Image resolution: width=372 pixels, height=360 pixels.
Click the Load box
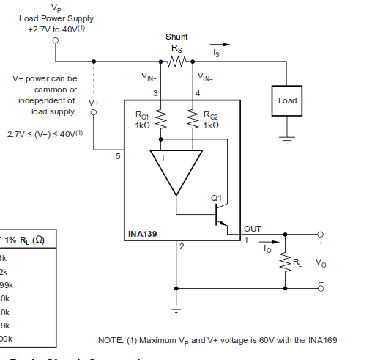pos(287,100)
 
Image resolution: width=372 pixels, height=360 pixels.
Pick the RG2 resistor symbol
pos(192,119)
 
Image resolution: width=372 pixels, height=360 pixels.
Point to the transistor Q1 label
pos(215,197)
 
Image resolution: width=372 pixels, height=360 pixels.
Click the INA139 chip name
pos(143,235)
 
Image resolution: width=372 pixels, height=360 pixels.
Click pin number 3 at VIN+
pos(155,93)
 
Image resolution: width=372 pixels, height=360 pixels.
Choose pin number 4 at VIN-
pos(197,93)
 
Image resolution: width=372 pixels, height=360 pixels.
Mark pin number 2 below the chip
pos(181,246)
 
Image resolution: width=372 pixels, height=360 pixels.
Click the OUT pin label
pos(253,229)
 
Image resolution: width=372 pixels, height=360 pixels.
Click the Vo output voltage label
pos(320,262)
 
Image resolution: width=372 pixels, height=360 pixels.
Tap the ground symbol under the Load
pos(287,139)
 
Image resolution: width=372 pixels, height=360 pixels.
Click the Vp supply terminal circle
pos(56,42)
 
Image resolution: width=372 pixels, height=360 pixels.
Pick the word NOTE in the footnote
pos(111,340)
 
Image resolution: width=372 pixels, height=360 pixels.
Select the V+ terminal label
pos(93,102)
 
